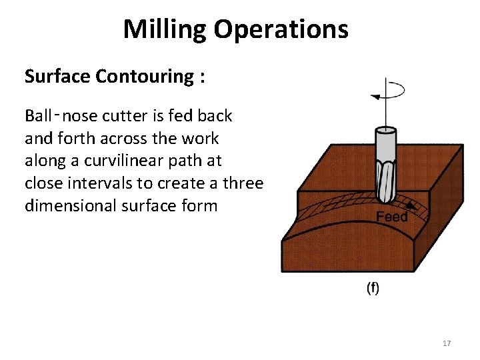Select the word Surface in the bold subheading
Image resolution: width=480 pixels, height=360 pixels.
(57, 77)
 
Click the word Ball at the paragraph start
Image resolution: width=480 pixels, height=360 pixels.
(38, 116)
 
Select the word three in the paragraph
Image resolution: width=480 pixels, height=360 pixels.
(243, 183)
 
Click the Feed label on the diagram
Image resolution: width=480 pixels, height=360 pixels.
(392, 217)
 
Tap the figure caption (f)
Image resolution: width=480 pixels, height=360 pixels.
(373, 288)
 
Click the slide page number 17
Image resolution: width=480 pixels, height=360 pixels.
(447, 343)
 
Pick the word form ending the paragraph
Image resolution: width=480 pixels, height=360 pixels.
(201, 206)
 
